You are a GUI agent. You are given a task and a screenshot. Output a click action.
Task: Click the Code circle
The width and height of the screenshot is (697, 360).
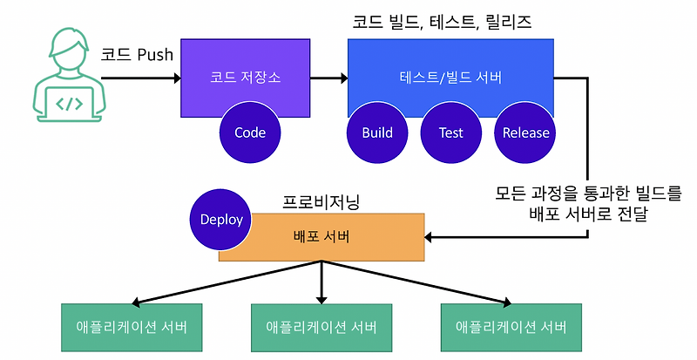(250, 133)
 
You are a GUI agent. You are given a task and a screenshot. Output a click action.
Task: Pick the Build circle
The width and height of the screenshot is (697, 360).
(377, 133)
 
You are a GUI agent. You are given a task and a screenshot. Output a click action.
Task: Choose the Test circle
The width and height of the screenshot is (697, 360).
(450, 133)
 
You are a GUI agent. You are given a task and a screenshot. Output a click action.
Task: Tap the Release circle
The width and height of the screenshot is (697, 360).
(525, 133)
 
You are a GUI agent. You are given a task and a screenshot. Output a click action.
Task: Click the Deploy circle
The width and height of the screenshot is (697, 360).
(220, 219)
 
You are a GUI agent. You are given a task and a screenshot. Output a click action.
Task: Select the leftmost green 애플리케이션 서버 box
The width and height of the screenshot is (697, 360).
(132, 328)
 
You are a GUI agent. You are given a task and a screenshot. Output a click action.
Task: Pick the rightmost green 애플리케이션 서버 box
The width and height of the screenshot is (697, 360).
(511, 328)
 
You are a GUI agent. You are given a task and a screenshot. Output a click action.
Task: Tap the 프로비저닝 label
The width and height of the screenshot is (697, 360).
(321, 201)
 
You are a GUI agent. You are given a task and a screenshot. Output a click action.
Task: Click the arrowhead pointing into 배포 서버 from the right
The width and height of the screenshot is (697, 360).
(430, 237)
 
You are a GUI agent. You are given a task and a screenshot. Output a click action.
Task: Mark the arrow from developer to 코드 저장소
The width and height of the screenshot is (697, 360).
(139, 78)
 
